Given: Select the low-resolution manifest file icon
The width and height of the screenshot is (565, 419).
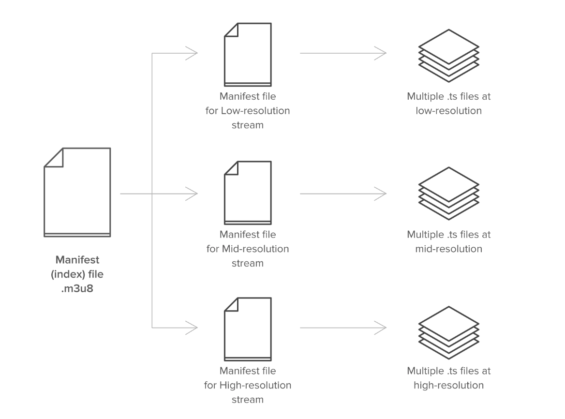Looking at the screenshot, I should point(248,55).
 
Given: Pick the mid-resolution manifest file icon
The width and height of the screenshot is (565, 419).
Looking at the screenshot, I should point(248,193).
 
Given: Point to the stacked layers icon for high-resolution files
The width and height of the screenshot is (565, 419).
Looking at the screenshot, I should point(448,330).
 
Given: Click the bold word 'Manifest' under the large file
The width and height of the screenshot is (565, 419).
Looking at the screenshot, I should point(77,260).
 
